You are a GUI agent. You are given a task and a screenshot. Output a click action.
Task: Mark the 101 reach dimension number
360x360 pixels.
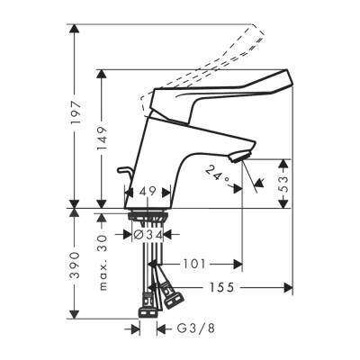[196, 264]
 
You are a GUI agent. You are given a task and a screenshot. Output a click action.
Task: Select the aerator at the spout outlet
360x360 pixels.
[238, 159]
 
